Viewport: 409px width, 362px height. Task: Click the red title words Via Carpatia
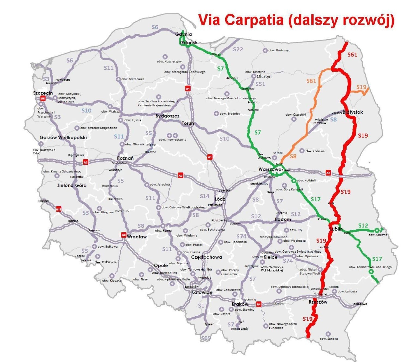point(240,20)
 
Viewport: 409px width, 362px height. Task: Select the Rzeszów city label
point(318,302)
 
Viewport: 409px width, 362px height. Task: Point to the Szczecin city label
point(43,93)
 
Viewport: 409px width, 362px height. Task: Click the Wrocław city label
point(137,237)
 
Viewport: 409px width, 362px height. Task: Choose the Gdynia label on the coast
point(184,34)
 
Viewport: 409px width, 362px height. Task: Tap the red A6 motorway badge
point(43,98)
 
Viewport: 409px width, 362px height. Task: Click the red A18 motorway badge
point(59,209)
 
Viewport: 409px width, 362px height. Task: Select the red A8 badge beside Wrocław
point(124,235)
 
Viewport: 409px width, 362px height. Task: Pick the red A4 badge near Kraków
point(258,304)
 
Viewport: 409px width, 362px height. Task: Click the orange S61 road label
point(311,81)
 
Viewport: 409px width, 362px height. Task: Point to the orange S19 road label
point(361,87)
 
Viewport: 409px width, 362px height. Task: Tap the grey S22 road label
point(238,49)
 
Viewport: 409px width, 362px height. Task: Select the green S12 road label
point(363,226)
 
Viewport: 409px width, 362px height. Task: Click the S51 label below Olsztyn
point(260,84)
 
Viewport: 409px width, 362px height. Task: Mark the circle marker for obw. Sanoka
point(328,334)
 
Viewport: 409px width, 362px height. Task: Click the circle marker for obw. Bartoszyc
point(265,50)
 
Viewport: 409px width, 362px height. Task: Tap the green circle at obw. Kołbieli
point(294,181)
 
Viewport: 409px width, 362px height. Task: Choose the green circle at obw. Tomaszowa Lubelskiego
point(371,272)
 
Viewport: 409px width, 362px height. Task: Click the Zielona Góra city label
point(72,186)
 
